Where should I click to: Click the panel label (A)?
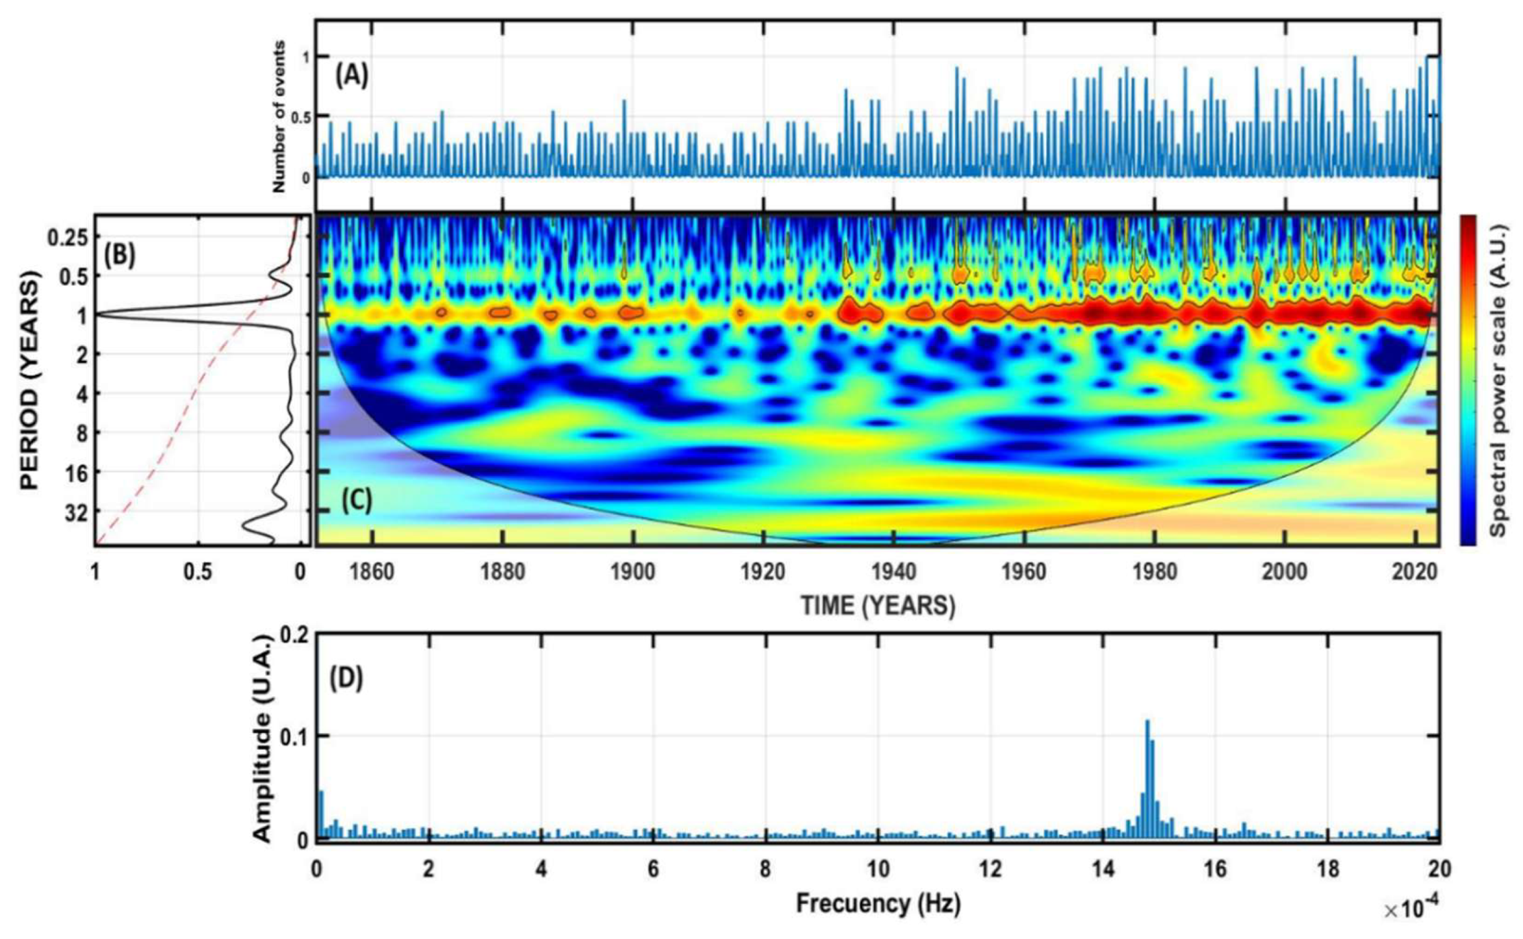click(x=352, y=77)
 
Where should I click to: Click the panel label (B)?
click(x=120, y=256)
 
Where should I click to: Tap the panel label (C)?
click(x=357, y=501)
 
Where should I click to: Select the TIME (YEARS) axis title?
click(x=878, y=605)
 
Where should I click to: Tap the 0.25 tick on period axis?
click(x=67, y=238)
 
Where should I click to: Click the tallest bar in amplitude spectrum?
click(x=1147, y=779)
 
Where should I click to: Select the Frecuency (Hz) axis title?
click(x=878, y=903)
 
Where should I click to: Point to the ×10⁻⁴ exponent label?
click(x=1410, y=911)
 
